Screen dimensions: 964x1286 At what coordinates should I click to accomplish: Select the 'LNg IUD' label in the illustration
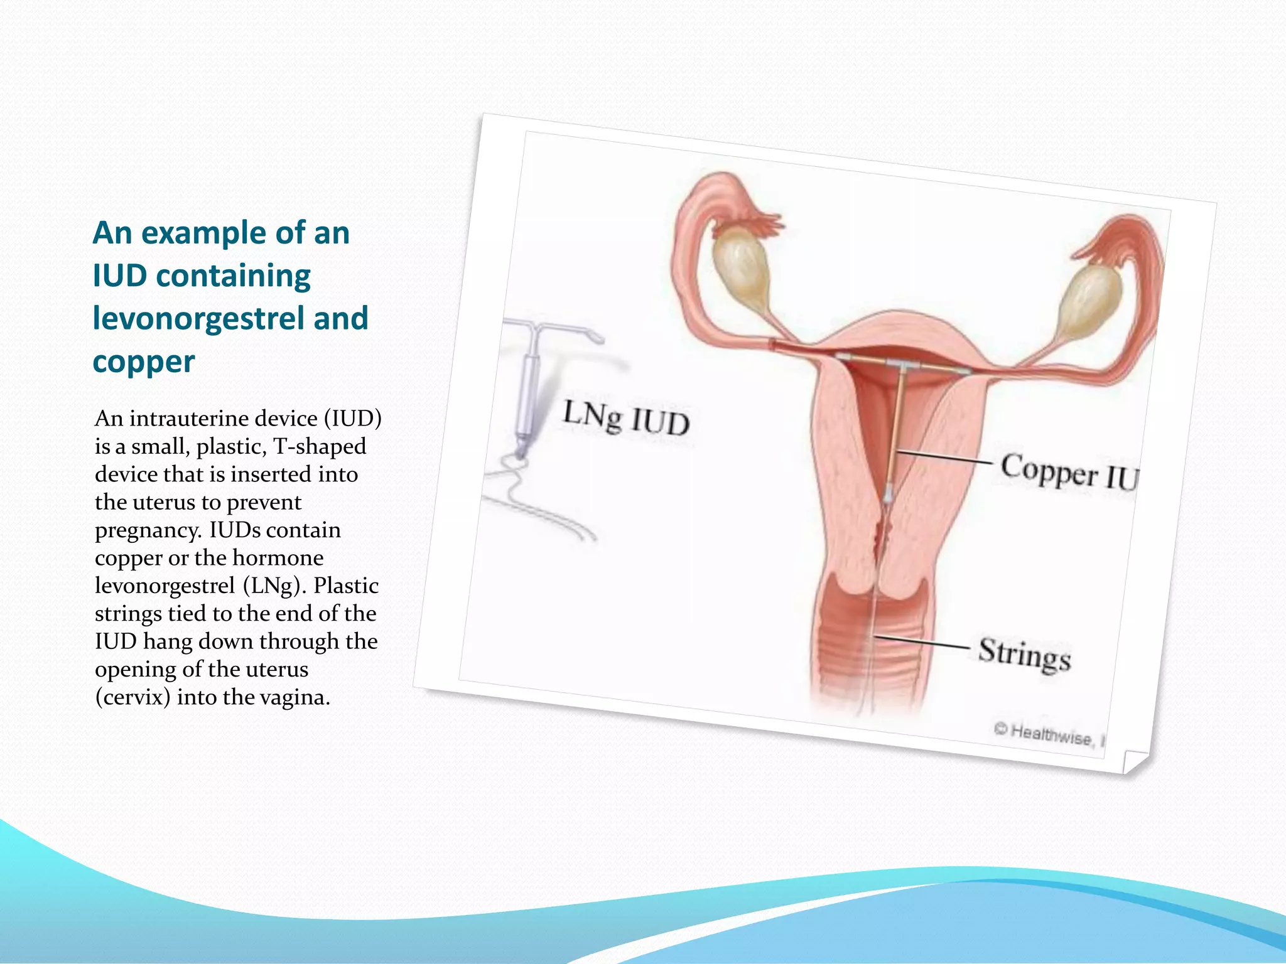pyautogui.click(x=626, y=418)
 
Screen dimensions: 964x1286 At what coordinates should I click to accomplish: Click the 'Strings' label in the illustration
pyautogui.click(x=1024, y=654)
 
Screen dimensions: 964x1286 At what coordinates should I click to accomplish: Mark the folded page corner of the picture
pyautogui.click(x=1134, y=761)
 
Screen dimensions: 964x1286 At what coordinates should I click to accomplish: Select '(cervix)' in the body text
pyautogui.click(x=132, y=697)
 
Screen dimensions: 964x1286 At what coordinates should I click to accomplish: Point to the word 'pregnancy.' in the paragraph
pyautogui.click(x=148, y=530)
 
